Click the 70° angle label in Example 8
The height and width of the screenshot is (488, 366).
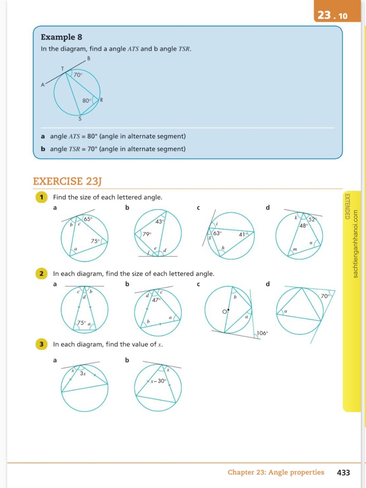coord(78,75)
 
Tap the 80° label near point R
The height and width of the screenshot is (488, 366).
coord(87,101)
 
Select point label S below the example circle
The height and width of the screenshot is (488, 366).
coord(80,119)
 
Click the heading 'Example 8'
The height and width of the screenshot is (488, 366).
coord(62,37)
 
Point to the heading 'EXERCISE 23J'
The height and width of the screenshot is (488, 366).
coord(67,181)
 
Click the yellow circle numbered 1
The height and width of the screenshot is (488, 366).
coord(42,197)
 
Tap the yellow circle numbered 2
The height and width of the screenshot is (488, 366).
coord(42,274)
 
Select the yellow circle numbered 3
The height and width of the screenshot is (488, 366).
coord(42,344)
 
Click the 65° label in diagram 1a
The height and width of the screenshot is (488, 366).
coord(88,219)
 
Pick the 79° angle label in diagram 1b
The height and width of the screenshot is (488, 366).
coord(147,234)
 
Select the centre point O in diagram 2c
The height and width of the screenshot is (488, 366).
coord(228,310)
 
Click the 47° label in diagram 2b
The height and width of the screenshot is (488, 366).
coord(156,300)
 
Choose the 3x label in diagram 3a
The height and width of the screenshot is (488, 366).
coord(83,374)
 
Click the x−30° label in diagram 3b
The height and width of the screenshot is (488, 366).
coord(158,381)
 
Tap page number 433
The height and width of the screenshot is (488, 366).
coord(343,472)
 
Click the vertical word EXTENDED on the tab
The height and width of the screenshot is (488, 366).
coord(347,206)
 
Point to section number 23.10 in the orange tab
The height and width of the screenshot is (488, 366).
coord(333,15)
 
